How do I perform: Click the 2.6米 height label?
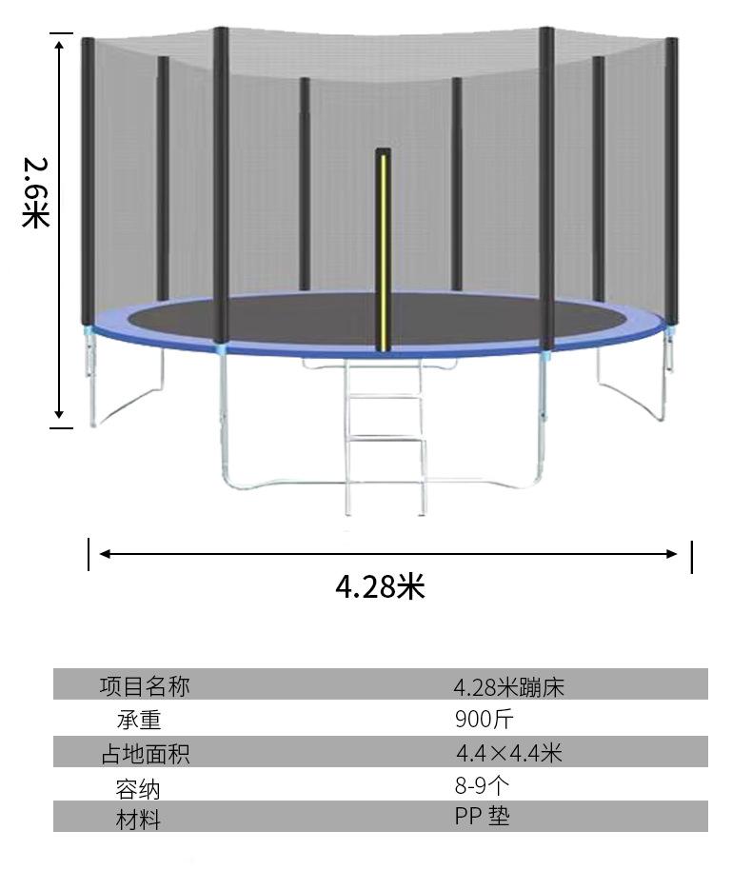click(36, 192)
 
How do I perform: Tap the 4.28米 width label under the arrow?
click(380, 585)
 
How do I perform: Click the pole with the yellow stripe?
click(383, 249)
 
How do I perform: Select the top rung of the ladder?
click(385, 366)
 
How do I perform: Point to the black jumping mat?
click(375, 322)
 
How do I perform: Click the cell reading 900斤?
click(485, 720)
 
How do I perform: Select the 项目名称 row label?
click(145, 685)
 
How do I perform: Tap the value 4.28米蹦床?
click(508, 687)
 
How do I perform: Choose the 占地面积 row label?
click(146, 754)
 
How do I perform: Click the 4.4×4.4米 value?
click(509, 753)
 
